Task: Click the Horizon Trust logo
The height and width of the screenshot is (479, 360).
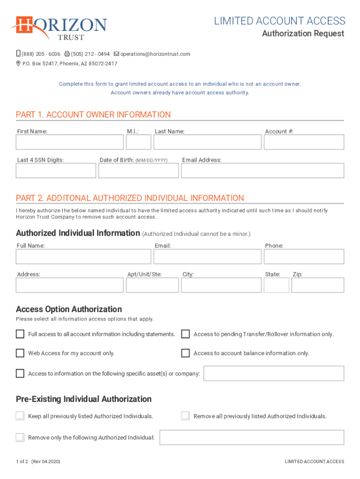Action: (59, 28)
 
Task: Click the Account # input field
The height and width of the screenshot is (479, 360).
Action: (304, 142)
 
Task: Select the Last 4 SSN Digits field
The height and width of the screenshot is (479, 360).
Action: (56, 171)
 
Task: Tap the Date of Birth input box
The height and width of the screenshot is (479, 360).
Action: (138, 171)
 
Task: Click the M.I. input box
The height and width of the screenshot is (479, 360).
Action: (139, 142)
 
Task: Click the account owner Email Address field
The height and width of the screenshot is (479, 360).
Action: (262, 171)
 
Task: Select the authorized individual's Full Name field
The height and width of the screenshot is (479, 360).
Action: (83, 256)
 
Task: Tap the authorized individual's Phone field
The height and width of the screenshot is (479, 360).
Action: (304, 256)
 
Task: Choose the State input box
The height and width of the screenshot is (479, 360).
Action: (276, 285)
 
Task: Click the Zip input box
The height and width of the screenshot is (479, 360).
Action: (317, 285)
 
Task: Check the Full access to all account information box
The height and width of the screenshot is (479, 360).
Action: (20, 334)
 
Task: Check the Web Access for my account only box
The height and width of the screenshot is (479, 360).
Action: (20, 353)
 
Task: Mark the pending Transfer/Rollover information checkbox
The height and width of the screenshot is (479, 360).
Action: (186, 334)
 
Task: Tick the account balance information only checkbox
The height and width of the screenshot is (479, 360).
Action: (186, 353)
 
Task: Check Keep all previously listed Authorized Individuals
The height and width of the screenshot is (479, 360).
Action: (20, 416)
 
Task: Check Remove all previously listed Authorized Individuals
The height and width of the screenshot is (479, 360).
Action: (186, 416)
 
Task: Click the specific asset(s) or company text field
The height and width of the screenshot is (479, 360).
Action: (274, 373)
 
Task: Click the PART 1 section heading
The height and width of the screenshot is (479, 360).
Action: (93, 115)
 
